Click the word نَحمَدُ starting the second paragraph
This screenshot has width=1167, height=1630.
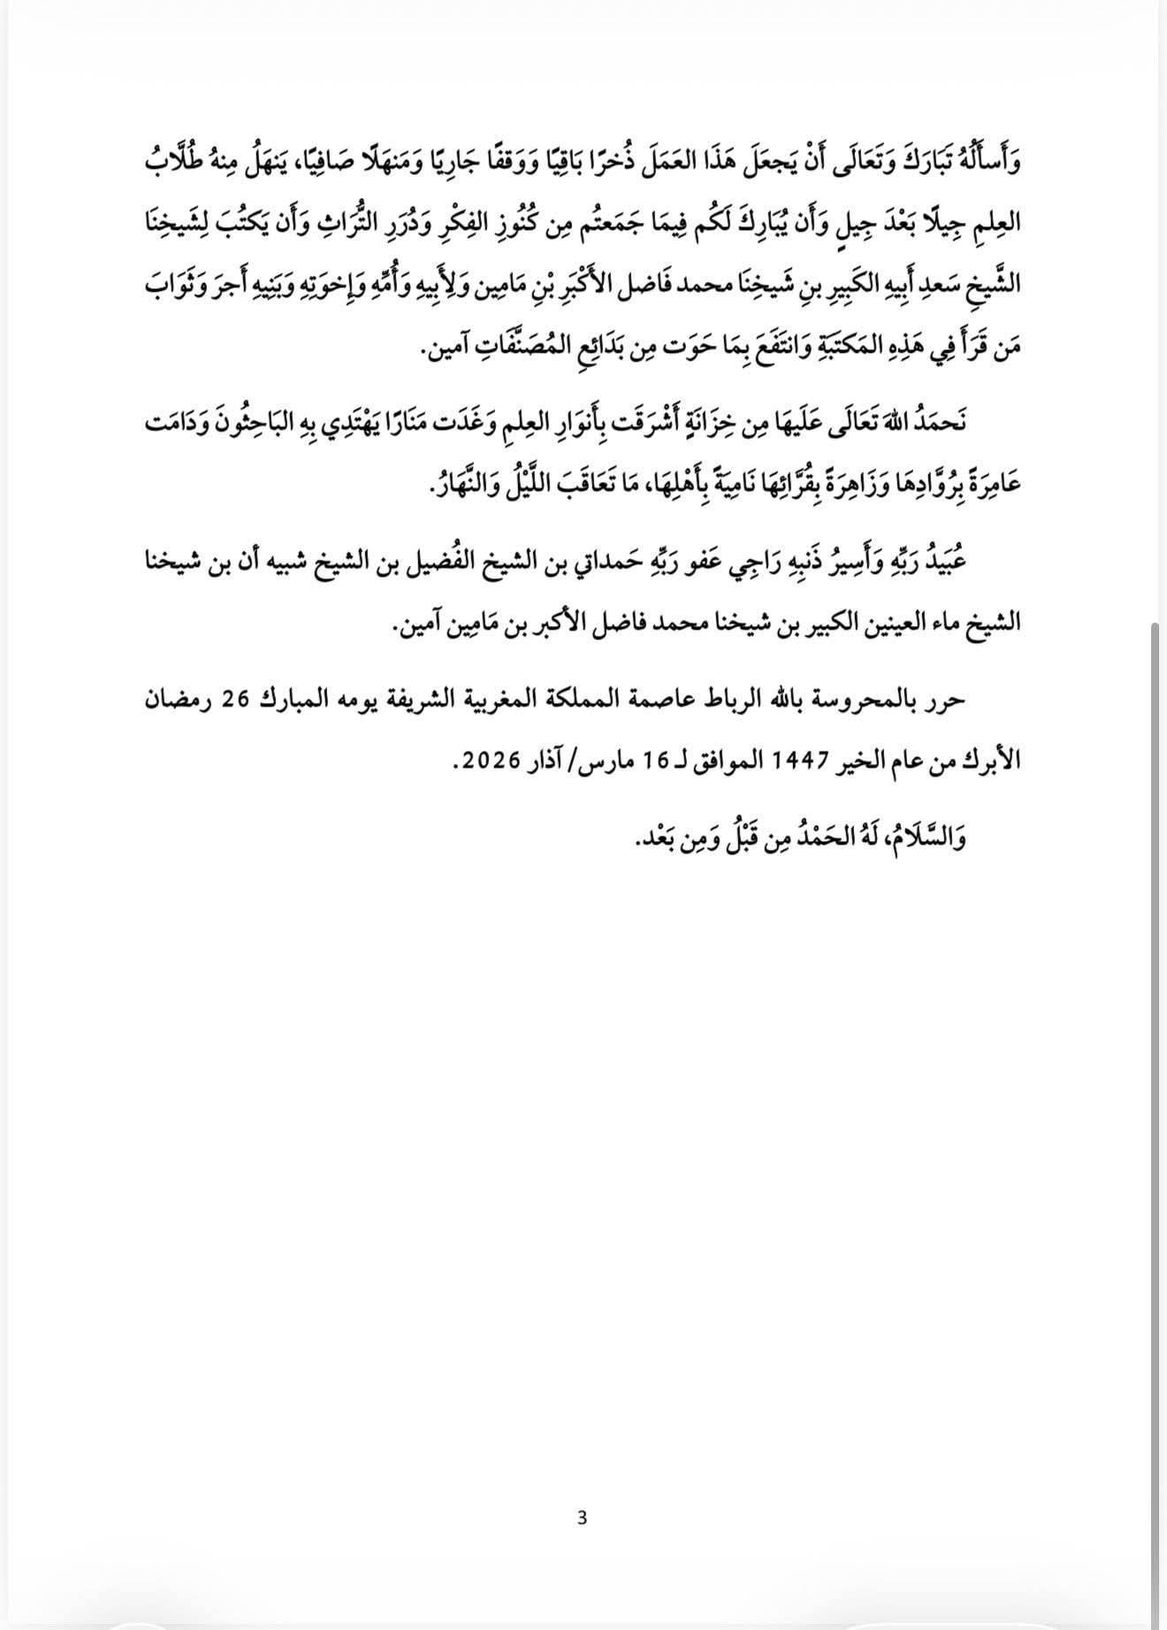coord(938,422)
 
